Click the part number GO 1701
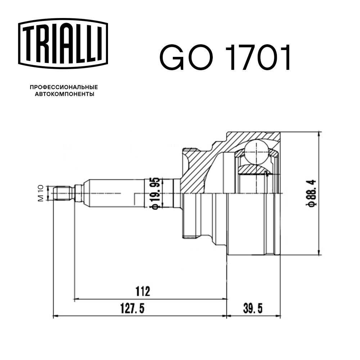click(x=225, y=58)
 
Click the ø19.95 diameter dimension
click(x=154, y=193)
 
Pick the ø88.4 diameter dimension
click(x=312, y=193)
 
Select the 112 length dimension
click(x=143, y=291)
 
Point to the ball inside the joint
click(x=256, y=152)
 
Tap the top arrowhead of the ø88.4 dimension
click(x=318, y=134)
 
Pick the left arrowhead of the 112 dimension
click(x=76, y=298)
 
